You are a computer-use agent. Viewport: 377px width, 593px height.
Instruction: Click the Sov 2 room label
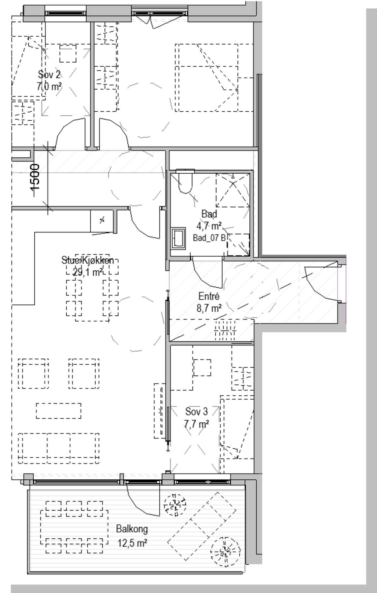click(x=49, y=74)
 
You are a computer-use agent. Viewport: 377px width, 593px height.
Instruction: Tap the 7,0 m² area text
click(x=49, y=87)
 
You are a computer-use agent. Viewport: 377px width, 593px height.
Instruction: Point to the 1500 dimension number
click(x=35, y=177)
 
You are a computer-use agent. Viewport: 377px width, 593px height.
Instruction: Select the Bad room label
click(x=209, y=214)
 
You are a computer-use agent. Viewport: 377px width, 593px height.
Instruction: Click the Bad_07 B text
click(x=209, y=238)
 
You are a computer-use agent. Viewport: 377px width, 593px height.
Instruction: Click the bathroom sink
click(x=178, y=238)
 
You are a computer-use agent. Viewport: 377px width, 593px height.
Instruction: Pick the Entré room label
click(x=209, y=296)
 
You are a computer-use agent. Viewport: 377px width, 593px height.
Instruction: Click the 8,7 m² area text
click(x=209, y=308)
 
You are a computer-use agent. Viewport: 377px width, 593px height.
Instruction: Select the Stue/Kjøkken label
click(x=88, y=260)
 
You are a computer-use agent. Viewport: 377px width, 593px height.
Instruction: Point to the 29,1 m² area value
click(x=88, y=272)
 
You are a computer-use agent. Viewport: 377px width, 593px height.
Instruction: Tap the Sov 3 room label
click(x=197, y=411)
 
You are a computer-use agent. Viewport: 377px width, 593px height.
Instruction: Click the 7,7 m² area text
click(x=197, y=424)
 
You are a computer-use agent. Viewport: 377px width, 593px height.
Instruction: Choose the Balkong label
click(x=132, y=529)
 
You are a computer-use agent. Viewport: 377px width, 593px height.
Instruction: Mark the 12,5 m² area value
click(x=132, y=543)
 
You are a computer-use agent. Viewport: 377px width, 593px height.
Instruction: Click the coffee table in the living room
click(x=59, y=411)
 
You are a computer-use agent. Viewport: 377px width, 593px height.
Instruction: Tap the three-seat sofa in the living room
click(x=59, y=449)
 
